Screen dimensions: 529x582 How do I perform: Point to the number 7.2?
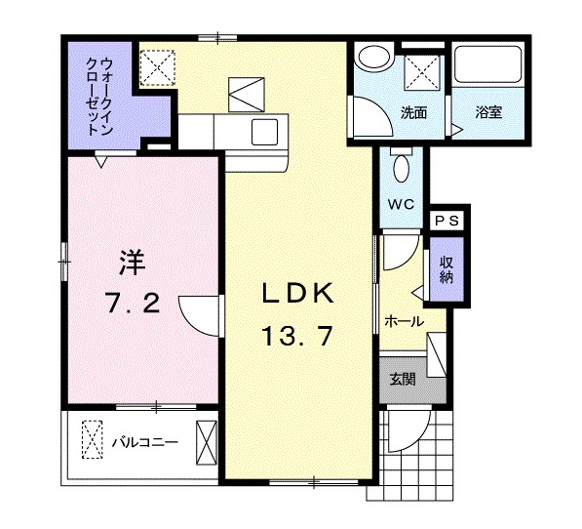(x=132, y=304)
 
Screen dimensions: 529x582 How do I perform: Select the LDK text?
(x=297, y=294)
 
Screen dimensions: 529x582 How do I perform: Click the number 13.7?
(x=297, y=337)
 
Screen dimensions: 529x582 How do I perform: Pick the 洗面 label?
(x=414, y=112)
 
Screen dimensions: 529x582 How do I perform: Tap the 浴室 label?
(x=488, y=112)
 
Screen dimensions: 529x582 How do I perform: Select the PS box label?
(x=450, y=221)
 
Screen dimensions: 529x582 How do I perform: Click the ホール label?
(x=404, y=321)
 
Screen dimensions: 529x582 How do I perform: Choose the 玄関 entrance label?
(x=404, y=379)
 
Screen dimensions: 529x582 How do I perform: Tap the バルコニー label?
(x=143, y=442)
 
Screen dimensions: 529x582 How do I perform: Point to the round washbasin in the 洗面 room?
(x=371, y=59)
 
